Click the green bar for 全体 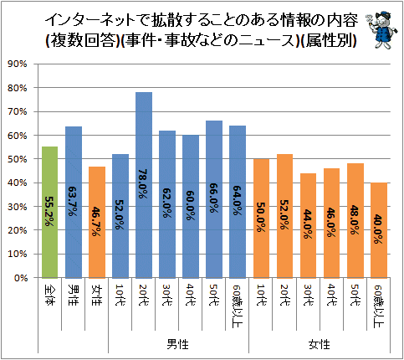click(50, 212)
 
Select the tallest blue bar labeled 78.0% click(144, 185)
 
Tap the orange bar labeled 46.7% click(97, 222)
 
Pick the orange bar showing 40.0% click(379, 230)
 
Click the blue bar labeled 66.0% click(214, 199)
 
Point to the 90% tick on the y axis click(18, 64)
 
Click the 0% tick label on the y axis click(20, 278)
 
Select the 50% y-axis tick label click(18, 159)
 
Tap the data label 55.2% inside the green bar click(49, 211)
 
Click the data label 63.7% click(73, 202)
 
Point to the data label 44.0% click(308, 224)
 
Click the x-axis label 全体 click(49, 295)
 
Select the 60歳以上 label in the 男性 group click(238, 306)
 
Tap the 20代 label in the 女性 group click(284, 295)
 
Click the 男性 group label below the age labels click(178, 344)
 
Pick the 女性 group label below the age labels click(320, 344)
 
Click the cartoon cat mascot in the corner click(382, 30)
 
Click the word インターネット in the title click(92, 20)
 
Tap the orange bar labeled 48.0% click(355, 221)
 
